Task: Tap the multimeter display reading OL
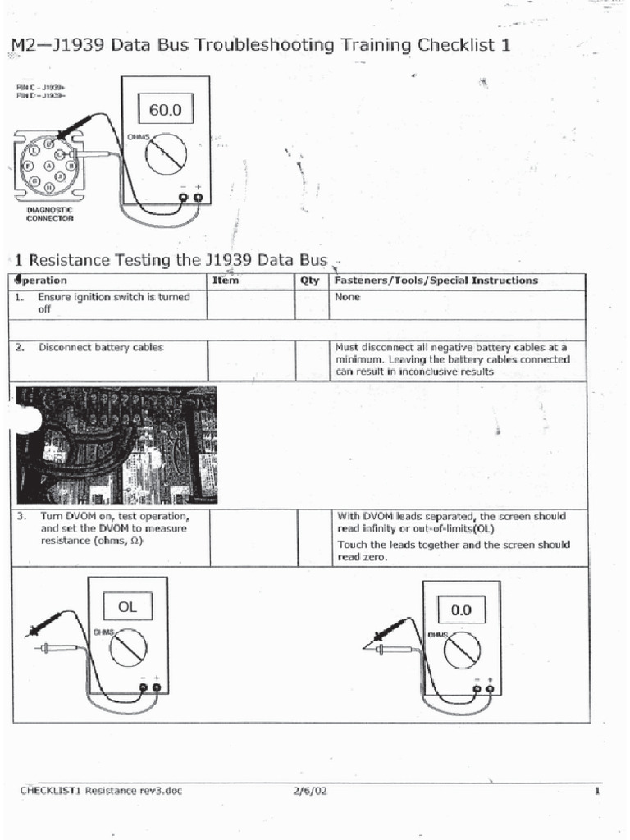point(126,608)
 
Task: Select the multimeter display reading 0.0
point(461,610)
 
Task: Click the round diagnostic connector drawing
point(49,167)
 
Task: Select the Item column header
point(226,281)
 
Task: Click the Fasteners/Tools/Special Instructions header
point(436,281)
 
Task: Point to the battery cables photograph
point(116,445)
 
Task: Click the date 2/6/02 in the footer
point(309,791)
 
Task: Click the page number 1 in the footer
point(597,791)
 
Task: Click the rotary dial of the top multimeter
point(167,153)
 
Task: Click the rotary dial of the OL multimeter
point(129,648)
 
